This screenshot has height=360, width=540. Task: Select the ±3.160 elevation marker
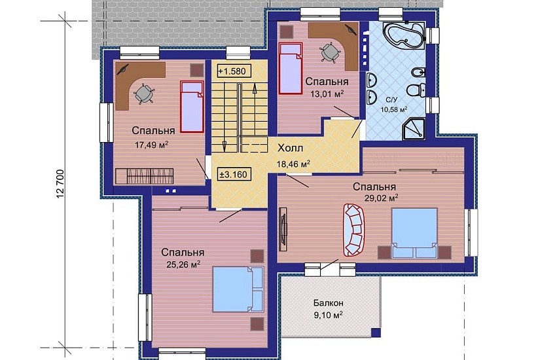click(x=234, y=174)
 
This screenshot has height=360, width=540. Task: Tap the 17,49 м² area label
click(x=152, y=145)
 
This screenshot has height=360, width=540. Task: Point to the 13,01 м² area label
click(x=327, y=94)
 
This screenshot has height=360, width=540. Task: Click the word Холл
click(x=291, y=148)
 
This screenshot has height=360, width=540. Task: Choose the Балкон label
click(x=328, y=303)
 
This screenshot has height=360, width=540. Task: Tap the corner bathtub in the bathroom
click(x=405, y=35)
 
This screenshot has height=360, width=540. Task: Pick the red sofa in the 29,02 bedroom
click(x=353, y=230)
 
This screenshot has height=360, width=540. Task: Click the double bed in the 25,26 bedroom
click(x=238, y=289)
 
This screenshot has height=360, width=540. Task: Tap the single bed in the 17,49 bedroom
click(x=192, y=107)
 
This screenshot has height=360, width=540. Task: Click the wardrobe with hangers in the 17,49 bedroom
click(x=144, y=176)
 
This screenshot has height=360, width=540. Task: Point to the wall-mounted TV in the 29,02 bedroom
click(x=283, y=229)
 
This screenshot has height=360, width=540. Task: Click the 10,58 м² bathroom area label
click(x=394, y=110)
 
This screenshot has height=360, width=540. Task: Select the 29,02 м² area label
click(x=382, y=198)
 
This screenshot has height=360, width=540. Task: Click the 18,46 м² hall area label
click(x=293, y=164)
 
